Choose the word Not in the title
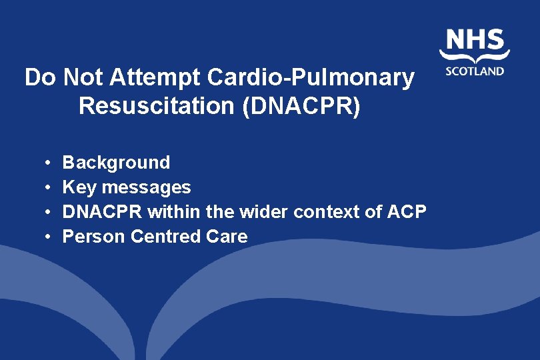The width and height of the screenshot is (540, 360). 87,78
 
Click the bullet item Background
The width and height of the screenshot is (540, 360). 116,163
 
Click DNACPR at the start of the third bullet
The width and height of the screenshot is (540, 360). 102,212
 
